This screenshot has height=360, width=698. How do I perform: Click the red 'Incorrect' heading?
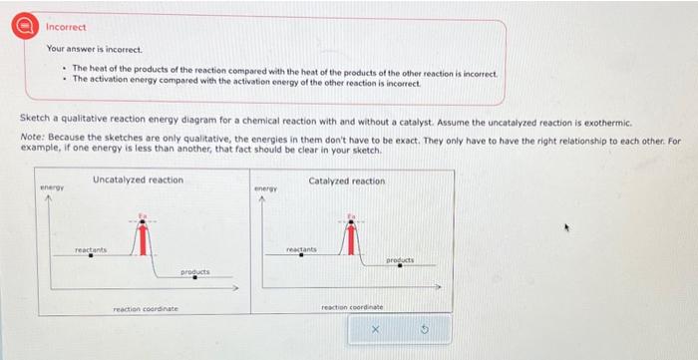click(67, 26)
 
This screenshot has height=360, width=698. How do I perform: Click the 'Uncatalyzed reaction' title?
click(138, 180)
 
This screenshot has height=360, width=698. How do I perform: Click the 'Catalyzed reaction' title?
click(346, 180)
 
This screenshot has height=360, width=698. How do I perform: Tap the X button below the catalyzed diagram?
click(376, 328)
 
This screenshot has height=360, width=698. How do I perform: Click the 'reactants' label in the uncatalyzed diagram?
click(91, 249)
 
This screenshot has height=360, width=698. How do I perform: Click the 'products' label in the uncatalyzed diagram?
click(193, 271)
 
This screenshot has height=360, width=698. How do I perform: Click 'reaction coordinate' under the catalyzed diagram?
click(352, 306)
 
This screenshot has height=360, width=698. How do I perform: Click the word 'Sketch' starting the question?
click(34, 119)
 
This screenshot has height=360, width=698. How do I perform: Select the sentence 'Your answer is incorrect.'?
click(95, 49)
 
